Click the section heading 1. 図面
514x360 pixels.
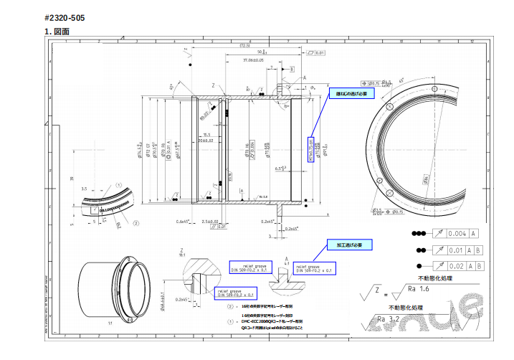[57, 31]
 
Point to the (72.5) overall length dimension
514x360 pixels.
[244, 45]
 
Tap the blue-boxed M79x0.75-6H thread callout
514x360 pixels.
[311, 149]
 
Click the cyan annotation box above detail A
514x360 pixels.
[345, 245]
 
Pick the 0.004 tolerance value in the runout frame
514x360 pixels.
[456, 234]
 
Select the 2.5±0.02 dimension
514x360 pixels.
[210, 222]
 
